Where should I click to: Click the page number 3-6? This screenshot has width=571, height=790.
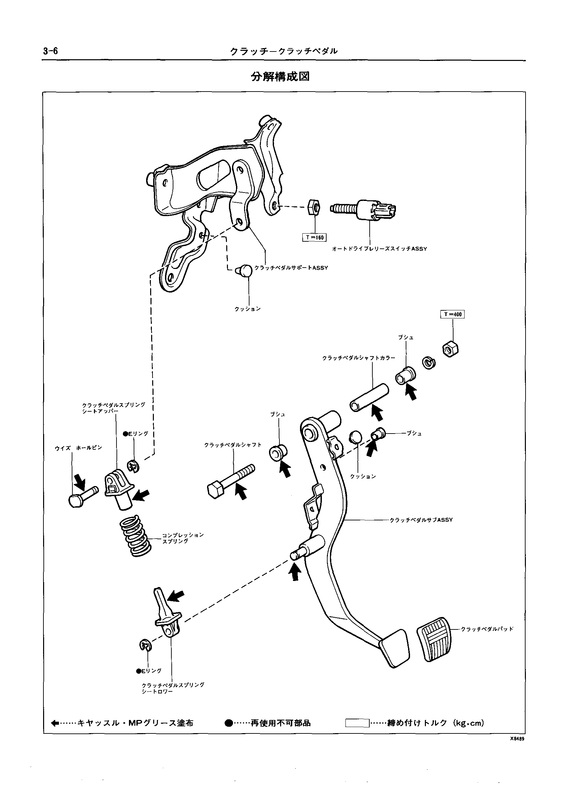click(x=51, y=51)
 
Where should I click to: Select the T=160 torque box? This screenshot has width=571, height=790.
click(x=314, y=238)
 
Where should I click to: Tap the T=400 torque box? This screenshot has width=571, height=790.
click(x=452, y=314)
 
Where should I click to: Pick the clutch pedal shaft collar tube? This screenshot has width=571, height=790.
click(x=369, y=398)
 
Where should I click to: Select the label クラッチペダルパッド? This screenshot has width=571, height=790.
click(x=487, y=629)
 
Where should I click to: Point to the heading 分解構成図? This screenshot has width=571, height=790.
click(x=280, y=77)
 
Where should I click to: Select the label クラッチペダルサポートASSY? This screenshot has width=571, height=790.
click(x=291, y=268)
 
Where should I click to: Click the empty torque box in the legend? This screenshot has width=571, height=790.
click(x=357, y=723)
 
